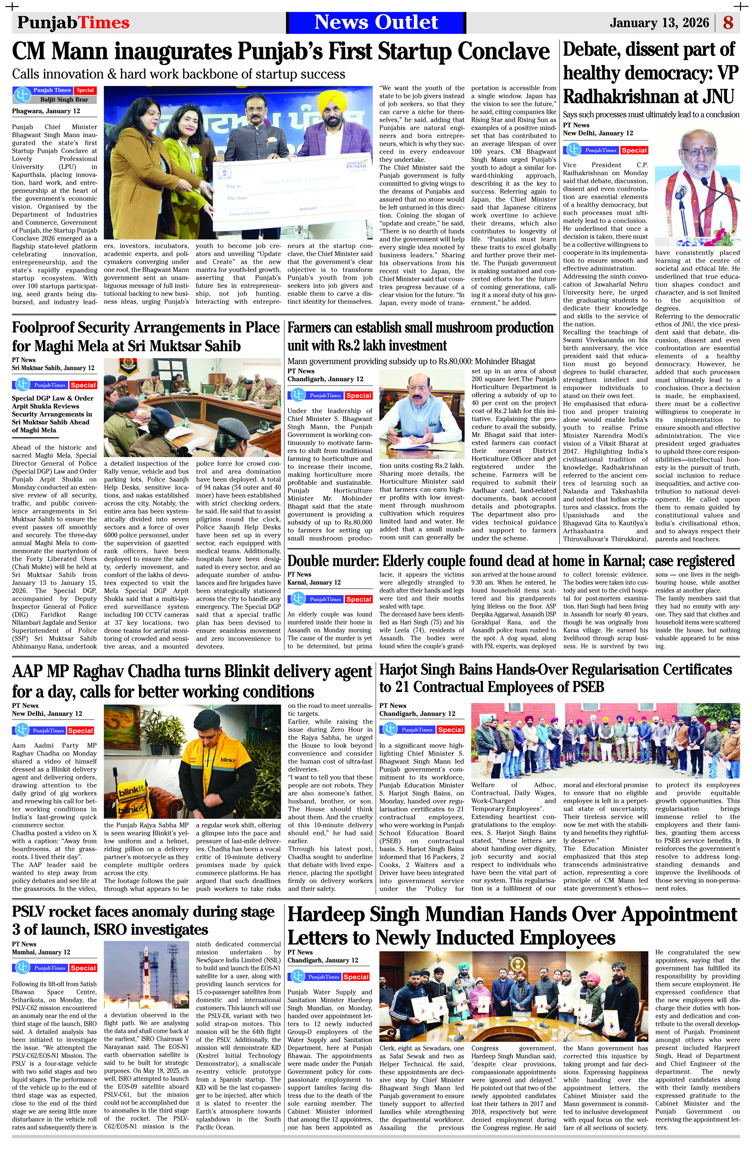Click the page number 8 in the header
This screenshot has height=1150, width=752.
[728, 23]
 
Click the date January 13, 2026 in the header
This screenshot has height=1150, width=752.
[659, 23]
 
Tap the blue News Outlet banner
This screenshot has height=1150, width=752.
[376, 23]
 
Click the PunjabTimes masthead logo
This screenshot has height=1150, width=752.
[73, 23]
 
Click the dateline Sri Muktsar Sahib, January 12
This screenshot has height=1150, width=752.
[53, 368]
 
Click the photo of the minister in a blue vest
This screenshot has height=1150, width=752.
[422, 416]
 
